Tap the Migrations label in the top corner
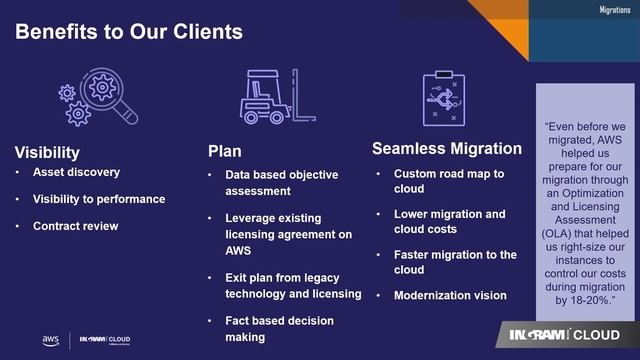click(x=614, y=9)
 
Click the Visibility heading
click(x=47, y=152)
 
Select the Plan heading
click(x=224, y=152)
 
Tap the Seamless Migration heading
click(x=447, y=149)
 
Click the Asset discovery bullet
click(x=76, y=172)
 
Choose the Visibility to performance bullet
click(x=98, y=198)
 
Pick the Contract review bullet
click(x=75, y=225)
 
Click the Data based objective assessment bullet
click(x=281, y=182)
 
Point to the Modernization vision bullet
click(x=450, y=295)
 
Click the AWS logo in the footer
click(x=50, y=341)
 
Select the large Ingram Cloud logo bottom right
click(x=564, y=334)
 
